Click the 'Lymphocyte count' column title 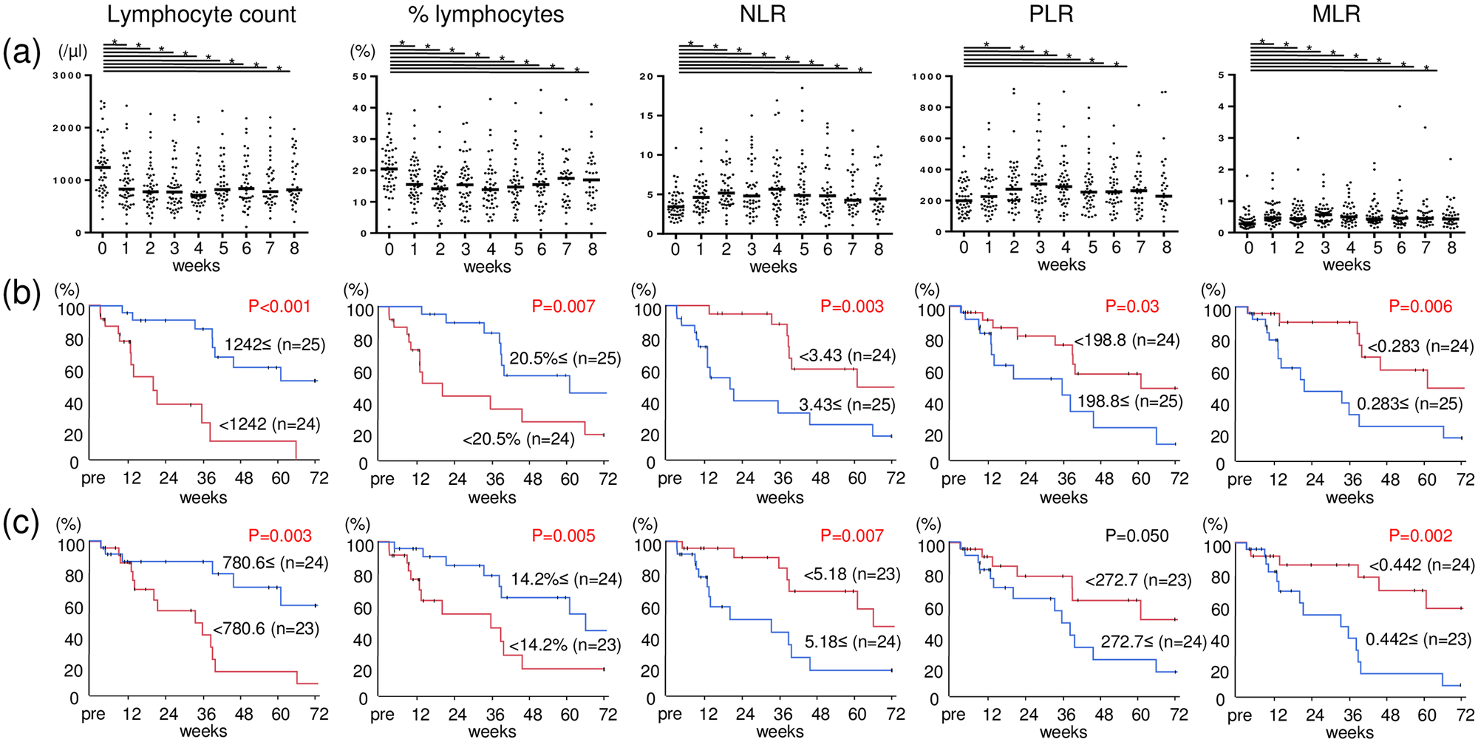(x=201, y=15)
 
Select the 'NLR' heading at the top (x=763, y=15)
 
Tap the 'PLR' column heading (x=1051, y=15)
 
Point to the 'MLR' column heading (x=1336, y=15)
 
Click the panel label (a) (x=21, y=53)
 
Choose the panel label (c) (x=21, y=523)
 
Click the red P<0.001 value (x=279, y=307)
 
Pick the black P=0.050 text (x=1137, y=536)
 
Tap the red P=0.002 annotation (x=1420, y=536)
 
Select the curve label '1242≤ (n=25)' (x=275, y=344)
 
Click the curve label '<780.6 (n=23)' (x=266, y=629)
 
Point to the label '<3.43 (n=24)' (x=847, y=355)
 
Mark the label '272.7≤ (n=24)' (x=1153, y=641)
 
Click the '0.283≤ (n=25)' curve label (x=1409, y=404)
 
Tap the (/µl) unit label (x=72, y=52)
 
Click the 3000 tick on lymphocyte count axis (x=67, y=75)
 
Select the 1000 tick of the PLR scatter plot (x=927, y=76)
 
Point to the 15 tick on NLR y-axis (x=646, y=115)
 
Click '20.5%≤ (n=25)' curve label (x=565, y=359)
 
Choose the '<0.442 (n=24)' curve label (x=1421, y=565)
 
